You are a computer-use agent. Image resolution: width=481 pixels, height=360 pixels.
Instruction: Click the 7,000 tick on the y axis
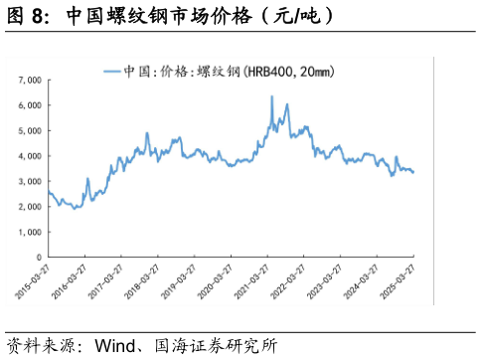(x=29, y=80)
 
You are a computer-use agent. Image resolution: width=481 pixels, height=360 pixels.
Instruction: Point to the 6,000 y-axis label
(x=29, y=104)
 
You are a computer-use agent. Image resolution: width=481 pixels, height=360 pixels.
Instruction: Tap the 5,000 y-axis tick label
(x=29, y=130)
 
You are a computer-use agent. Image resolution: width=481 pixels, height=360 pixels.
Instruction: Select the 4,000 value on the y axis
(x=29, y=156)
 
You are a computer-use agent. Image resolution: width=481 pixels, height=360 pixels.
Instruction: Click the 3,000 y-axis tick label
(x=29, y=181)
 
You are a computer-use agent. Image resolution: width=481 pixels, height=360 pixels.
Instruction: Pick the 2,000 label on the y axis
(x=29, y=206)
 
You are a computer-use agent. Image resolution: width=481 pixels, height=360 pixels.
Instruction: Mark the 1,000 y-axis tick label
(x=29, y=232)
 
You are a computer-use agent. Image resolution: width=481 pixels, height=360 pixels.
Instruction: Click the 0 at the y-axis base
(x=38, y=257)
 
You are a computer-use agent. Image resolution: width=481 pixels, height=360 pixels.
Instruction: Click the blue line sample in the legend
(x=112, y=71)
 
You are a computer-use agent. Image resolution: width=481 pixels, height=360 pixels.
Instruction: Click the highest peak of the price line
(x=271, y=96)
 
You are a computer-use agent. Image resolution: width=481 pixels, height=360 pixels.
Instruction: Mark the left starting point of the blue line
(x=48, y=191)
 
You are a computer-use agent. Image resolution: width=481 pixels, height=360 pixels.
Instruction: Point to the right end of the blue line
(x=413, y=172)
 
